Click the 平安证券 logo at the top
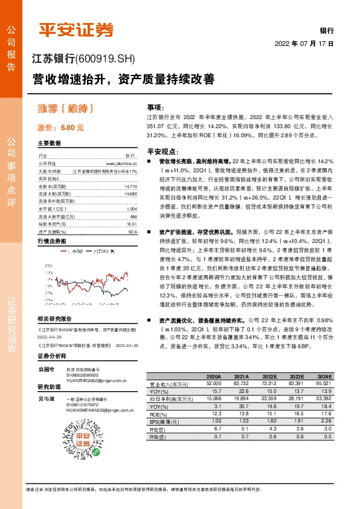point(77,29)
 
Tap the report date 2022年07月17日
point(304,44)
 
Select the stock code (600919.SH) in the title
point(106,59)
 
